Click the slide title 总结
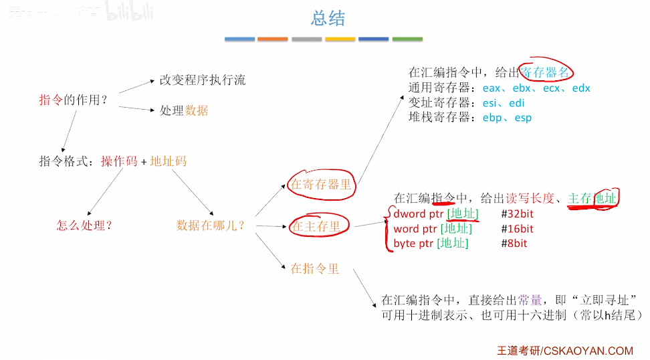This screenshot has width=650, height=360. tap(328, 18)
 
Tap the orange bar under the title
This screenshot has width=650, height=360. tap(273, 39)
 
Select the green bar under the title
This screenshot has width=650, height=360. tap(407, 39)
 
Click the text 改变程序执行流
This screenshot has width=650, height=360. tap(202, 80)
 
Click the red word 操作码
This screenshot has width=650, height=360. tap(119, 161)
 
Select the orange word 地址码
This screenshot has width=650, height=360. tap(169, 161)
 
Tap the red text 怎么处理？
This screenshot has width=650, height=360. tap(84, 226)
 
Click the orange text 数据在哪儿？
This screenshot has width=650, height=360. tap(210, 226)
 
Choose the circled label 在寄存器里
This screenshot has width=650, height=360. tap(321, 185)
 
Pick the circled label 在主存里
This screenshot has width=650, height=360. tap(316, 226)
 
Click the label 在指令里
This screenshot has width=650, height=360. tap(314, 268)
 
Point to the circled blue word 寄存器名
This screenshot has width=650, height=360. tap(547, 72)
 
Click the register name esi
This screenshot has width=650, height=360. tap(492, 103)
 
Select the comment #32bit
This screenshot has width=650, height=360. tap(517, 214)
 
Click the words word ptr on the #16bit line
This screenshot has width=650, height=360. tap(415, 229)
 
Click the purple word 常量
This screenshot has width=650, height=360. tap(540, 300)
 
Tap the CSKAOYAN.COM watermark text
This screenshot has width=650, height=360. tap(588, 350)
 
